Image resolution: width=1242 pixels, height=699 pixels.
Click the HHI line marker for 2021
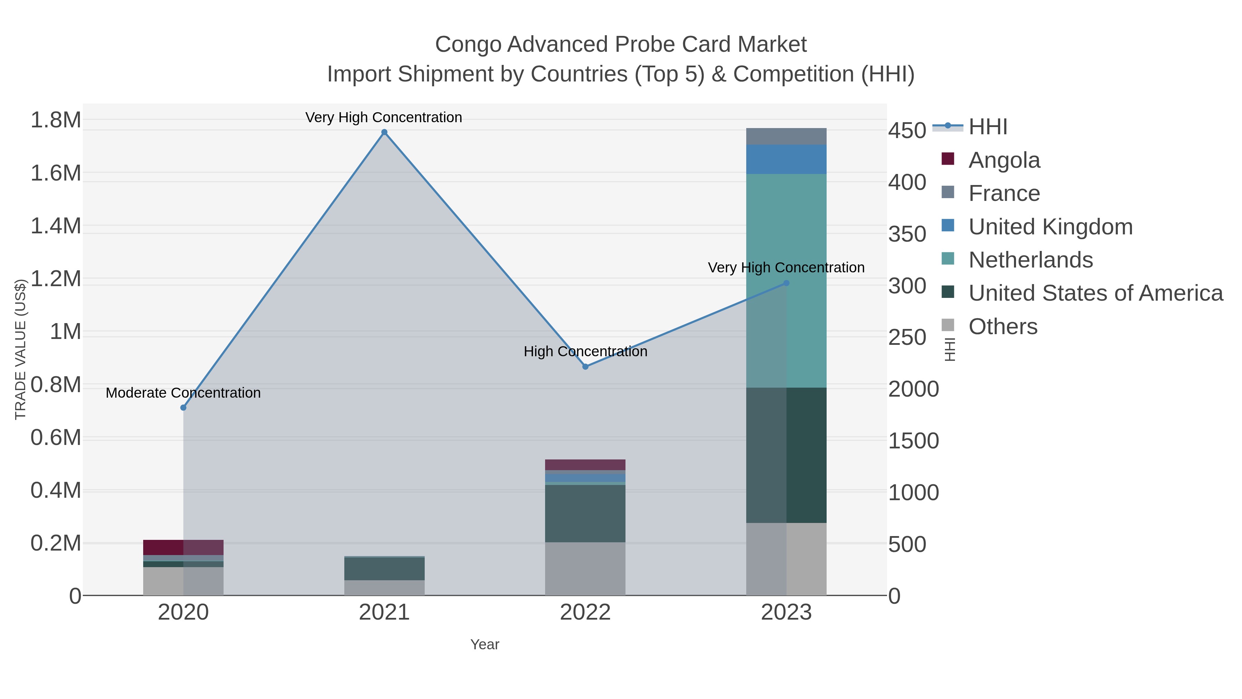(x=384, y=132)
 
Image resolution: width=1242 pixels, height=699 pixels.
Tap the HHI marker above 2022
(x=585, y=367)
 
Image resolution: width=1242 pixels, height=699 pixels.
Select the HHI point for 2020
(x=183, y=408)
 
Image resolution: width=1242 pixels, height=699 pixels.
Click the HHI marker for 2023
(x=786, y=283)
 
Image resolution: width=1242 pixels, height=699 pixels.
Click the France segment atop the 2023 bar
(x=786, y=136)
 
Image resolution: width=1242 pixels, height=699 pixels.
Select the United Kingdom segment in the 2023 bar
(x=786, y=159)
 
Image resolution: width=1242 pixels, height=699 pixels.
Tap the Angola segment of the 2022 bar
(x=585, y=465)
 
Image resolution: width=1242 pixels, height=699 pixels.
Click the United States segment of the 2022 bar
(x=585, y=513)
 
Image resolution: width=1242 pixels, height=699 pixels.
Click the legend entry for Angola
(x=1004, y=160)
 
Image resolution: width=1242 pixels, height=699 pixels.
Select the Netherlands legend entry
(x=1030, y=260)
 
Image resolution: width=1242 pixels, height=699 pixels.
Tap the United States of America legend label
(x=1095, y=293)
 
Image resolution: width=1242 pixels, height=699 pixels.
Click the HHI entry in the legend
(x=987, y=127)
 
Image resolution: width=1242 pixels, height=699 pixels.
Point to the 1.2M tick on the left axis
(x=56, y=279)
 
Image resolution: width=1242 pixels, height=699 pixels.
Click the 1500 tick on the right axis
(x=913, y=441)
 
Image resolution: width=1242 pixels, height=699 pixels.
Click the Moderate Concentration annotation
(x=183, y=393)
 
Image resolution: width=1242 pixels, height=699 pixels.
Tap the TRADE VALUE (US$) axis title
(x=20, y=349)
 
